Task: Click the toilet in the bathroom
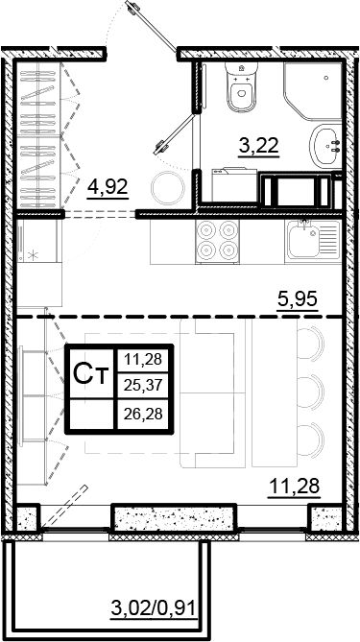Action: coord(242,87)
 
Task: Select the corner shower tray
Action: coord(313,91)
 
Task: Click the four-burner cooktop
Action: coord(217,242)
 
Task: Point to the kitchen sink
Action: coord(313,240)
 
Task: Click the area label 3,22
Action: coord(259,146)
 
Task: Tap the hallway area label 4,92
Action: coord(108,187)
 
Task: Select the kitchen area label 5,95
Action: coord(298,300)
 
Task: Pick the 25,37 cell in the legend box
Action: coord(143,385)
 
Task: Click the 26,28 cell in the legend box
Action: coord(143,414)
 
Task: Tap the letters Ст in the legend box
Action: coord(91,373)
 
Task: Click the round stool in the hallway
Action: coord(169,188)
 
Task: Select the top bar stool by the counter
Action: coord(310,344)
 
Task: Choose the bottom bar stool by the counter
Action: coord(310,440)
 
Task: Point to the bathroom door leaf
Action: coord(175,135)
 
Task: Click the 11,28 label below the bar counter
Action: coord(293,487)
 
